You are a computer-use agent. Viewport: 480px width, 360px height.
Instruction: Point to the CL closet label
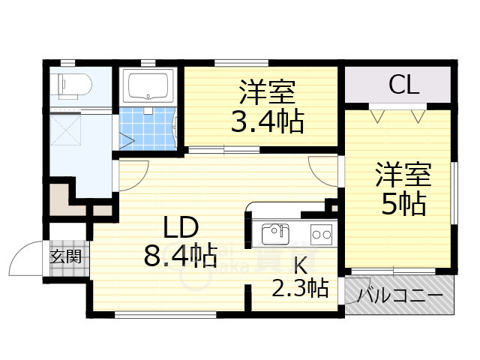tap(403, 85)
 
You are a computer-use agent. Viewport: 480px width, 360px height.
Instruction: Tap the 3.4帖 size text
tap(267, 121)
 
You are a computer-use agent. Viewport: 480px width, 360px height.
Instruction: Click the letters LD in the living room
tap(180, 226)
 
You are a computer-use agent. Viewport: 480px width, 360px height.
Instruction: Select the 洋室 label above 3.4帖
tap(267, 94)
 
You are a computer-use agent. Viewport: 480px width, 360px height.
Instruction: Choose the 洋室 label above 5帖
tap(403, 175)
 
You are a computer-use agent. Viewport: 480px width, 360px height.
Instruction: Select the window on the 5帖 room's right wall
tap(454, 193)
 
